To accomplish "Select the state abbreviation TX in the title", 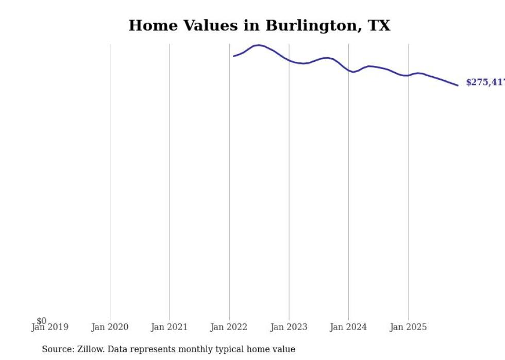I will click(x=379, y=26).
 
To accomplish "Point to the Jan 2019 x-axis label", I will click(x=50, y=327).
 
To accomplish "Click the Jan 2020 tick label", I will click(x=110, y=327).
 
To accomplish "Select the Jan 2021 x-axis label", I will click(x=170, y=327).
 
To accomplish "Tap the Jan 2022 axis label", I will click(x=229, y=327).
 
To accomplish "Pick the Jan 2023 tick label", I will click(x=289, y=327).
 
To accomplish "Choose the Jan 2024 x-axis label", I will click(x=348, y=327).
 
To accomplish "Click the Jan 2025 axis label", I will click(x=408, y=327).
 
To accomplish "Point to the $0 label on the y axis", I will click(x=41, y=321).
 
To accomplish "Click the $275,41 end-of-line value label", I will click(x=484, y=82).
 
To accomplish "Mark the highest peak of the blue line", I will click(x=258, y=45).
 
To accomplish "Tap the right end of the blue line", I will click(x=458, y=85).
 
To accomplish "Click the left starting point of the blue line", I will click(x=233, y=56).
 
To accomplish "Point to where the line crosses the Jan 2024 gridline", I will click(x=348, y=70).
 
